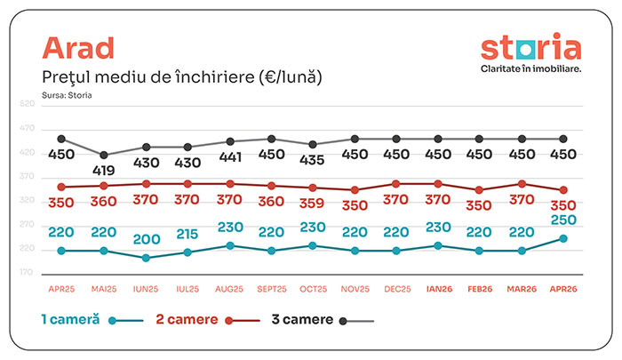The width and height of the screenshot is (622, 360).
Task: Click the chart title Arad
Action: (78, 48)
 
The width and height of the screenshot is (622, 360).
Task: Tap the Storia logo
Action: (530, 52)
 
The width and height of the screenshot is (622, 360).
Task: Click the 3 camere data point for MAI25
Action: (104, 156)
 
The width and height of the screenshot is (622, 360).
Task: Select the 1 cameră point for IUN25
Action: (146, 258)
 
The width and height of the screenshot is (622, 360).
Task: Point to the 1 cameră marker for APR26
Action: (563, 238)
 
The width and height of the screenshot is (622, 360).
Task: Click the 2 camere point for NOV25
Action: (355, 190)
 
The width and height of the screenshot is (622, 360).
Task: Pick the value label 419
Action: (104, 171)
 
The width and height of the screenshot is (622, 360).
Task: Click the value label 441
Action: (230, 157)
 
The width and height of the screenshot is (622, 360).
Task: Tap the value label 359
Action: (312, 204)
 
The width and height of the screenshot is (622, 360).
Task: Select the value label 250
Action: (563, 220)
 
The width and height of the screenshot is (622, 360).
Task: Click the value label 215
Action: (187, 234)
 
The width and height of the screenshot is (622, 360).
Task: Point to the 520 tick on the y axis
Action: (27, 104)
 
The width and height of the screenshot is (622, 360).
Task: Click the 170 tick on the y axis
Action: (26, 272)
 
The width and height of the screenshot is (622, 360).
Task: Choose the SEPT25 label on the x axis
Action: (272, 289)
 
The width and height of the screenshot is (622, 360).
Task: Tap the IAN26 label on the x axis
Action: (439, 289)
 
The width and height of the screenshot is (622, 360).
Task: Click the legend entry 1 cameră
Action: (92, 319)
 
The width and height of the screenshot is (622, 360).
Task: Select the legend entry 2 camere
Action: (208, 319)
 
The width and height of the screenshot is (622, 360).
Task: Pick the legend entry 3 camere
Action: (323, 319)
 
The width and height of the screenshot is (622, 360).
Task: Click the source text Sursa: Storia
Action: (67, 95)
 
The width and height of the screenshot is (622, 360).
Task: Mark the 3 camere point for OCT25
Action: (313, 145)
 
